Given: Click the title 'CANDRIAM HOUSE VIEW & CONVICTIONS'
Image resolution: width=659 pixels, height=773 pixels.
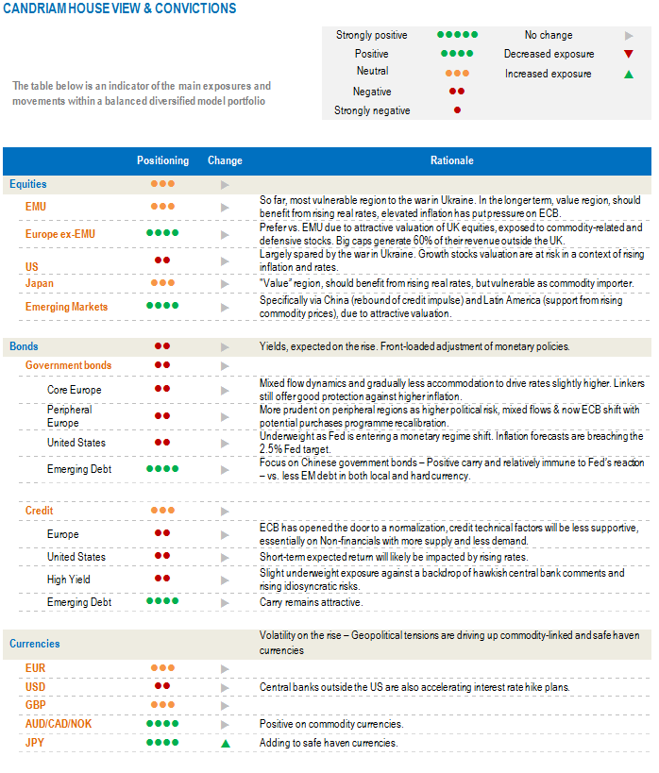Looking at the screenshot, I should [x=119, y=8].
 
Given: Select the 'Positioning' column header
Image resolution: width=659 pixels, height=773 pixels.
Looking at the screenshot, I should [x=162, y=160].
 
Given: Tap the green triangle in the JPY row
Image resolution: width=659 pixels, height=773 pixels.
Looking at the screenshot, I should [x=226, y=744].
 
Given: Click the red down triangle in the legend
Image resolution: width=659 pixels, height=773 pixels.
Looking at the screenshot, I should [x=629, y=54].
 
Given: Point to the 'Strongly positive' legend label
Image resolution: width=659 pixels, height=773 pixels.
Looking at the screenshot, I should [x=372, y=35].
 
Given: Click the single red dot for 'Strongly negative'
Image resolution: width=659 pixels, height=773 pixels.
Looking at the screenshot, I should [x=457, y=110].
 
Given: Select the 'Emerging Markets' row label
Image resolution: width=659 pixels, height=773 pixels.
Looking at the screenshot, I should [x=66, y=307].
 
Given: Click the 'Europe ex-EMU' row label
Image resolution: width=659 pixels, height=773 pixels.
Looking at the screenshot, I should [x=60, y=233].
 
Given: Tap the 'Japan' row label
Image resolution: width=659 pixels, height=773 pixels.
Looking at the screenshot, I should [x=40, y=283].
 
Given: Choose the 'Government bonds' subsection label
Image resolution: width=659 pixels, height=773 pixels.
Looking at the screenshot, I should [x=68, y=365].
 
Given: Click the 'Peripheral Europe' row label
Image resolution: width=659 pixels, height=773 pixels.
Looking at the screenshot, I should [x=70, y=416].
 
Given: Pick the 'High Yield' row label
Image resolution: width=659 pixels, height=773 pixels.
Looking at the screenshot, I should [x=69, y=580].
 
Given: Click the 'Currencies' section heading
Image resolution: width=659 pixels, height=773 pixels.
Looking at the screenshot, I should [x=35, y=644].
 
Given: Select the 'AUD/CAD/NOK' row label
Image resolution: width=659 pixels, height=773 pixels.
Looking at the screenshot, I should [x=58, y=724].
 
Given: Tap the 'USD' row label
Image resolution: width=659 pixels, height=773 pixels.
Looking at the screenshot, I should [x=36, y=686].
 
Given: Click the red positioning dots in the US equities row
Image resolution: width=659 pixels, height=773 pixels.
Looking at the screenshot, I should [x=162, y=260].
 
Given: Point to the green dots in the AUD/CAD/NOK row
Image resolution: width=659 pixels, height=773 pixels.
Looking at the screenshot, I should [x=162, y=724].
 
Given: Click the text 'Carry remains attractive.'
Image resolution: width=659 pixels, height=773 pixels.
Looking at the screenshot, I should [x=311, y=602].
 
